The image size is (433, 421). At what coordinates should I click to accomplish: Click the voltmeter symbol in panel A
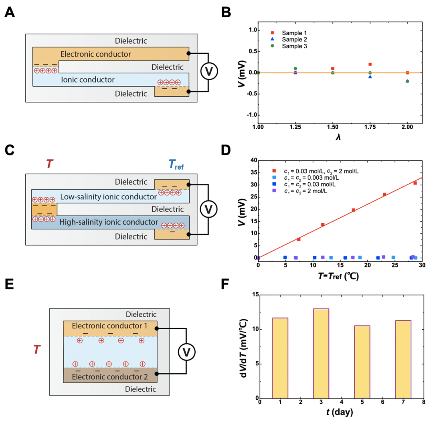point(208,72)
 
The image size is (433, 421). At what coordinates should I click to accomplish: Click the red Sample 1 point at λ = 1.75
point(370,64)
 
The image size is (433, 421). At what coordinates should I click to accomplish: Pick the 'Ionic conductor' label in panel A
point(88,80)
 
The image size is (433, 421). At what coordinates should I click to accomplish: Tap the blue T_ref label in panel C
point(174,164)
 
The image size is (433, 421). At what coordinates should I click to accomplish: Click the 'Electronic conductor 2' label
point(107,377)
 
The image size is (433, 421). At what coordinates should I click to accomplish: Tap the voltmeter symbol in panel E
point(186,352)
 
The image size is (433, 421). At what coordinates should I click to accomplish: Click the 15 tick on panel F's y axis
point(253,295)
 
